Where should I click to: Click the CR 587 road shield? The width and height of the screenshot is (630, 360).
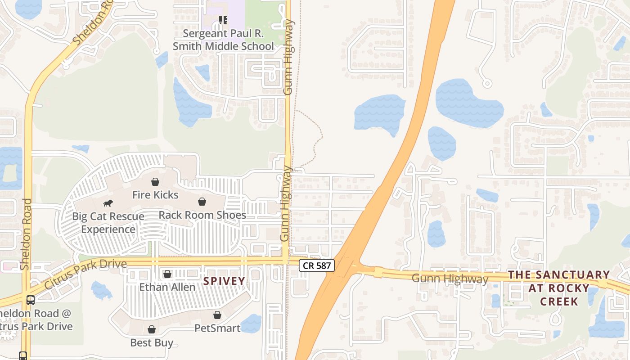point(317,265)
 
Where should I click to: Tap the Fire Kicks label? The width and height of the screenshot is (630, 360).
point(155,195)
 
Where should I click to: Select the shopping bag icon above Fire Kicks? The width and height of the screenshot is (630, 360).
point(155,182)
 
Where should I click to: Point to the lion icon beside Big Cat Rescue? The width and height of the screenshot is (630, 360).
point(108,203)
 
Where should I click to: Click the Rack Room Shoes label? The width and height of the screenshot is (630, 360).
point(202,215)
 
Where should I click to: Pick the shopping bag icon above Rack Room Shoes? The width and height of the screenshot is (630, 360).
point(202,202)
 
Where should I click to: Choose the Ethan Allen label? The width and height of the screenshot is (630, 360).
point(167,287)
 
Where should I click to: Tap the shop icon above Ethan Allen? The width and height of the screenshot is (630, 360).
point(167,274)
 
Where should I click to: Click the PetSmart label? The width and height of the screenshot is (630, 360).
point(217,328)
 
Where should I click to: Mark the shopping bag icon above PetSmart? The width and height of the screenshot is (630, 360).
point(217,315)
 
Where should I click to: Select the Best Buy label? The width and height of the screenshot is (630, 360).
point(152,342)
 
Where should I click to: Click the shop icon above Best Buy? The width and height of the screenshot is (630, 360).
point(152,329)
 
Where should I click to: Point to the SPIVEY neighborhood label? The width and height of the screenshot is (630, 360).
point(224,281)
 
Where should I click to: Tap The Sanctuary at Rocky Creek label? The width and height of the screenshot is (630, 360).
point(559,288)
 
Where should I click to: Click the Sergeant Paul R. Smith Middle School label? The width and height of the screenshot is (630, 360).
point(223,40)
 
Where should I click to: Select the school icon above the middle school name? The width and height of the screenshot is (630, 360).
point(223,20)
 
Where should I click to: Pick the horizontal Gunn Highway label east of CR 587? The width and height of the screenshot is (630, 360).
point(450,279)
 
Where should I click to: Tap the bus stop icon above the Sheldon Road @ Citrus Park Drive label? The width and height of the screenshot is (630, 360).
point(31,300)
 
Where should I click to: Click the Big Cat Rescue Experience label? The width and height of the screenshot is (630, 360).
point(108,223)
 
